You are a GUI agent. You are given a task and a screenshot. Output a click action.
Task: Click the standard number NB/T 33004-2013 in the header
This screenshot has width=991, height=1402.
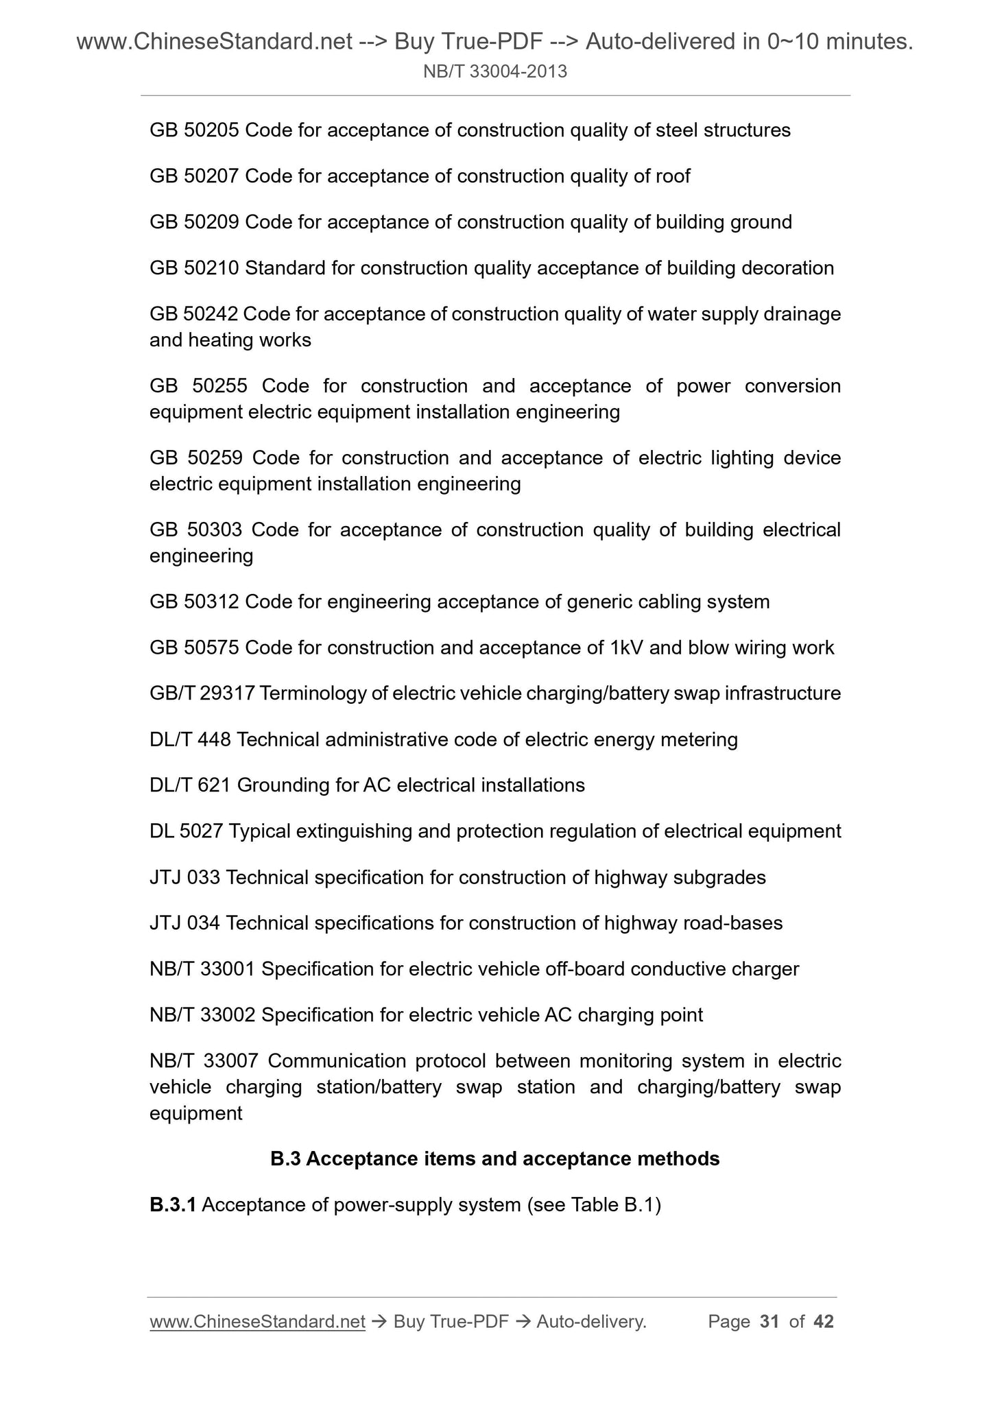click(x=495, y=71)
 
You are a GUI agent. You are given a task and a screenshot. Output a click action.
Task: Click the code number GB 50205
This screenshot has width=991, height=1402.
click(x=194, y=130)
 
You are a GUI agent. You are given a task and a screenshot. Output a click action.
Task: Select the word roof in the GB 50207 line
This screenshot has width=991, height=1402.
click(x=673, y=176)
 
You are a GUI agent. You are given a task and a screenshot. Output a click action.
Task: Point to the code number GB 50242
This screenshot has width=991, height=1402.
click(x=193, y=314)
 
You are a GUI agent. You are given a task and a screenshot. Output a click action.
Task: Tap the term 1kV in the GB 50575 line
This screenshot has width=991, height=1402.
click(x=625, y=648)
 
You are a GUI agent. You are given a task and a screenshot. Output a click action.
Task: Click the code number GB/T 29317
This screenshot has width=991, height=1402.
click(x=202, y=693)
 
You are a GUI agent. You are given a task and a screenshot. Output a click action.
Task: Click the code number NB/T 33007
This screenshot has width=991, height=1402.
click(x=204, y=1061)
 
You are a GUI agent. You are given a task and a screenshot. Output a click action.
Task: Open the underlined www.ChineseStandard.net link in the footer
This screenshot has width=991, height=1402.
click(x=257, y=1322)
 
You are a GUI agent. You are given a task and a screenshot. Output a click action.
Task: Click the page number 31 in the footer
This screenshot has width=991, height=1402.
click(x=769, y=1322)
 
